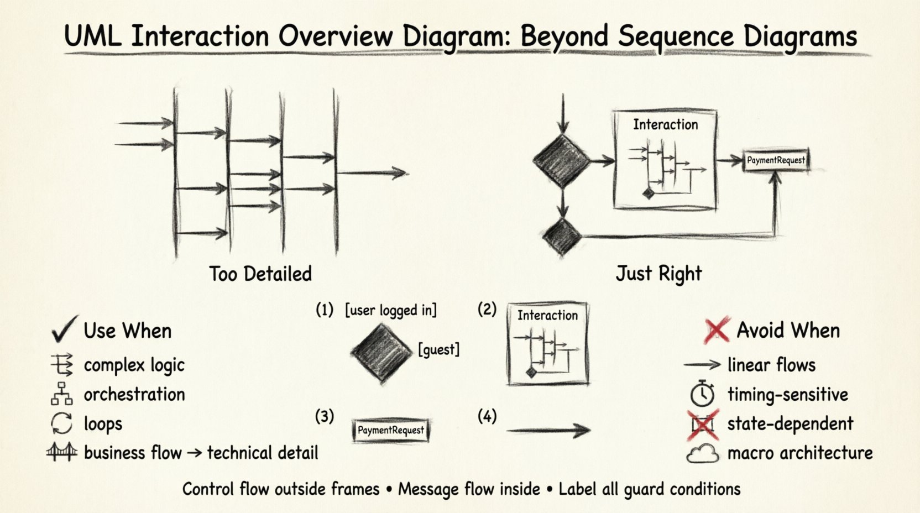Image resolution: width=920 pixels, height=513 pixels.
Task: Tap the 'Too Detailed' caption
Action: [x=260, y=274]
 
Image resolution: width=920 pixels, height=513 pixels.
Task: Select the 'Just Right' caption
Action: [x=658, y=273]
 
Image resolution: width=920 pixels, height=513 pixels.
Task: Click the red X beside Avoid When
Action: [x=717, y=330]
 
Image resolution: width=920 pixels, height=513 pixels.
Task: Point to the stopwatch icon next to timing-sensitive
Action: [x=702, y=394]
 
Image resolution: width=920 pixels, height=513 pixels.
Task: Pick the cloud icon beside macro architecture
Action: [x=702, y=453]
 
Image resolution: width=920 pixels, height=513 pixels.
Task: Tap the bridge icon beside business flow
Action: [x=61, y=452]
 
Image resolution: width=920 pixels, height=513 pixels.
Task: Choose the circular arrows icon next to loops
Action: [x=61, y=423]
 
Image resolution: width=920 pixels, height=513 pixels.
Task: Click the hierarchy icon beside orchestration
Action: [x=61, y=394]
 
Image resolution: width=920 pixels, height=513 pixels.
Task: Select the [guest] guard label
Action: [x=438, y=349]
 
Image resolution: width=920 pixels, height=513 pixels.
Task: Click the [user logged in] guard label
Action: [x=390, y=310]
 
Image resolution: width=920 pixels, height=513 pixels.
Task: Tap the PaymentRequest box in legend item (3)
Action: [x=390, y=430]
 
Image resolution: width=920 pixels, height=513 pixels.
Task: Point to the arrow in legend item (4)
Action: [x=548, y=430]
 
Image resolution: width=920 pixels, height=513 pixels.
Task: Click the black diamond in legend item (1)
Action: [x=381, y=353]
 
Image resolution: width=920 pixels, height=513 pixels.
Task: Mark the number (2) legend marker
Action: [x=487, y=309]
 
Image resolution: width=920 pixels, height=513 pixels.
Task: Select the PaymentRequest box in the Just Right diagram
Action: [x=776, y=160]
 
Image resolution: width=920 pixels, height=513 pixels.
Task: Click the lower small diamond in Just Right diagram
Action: [x=562, y=237]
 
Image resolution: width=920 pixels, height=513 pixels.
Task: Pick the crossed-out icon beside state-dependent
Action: [x=703, y=424]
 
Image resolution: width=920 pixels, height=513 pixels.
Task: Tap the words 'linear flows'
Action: [x=771, y=365]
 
